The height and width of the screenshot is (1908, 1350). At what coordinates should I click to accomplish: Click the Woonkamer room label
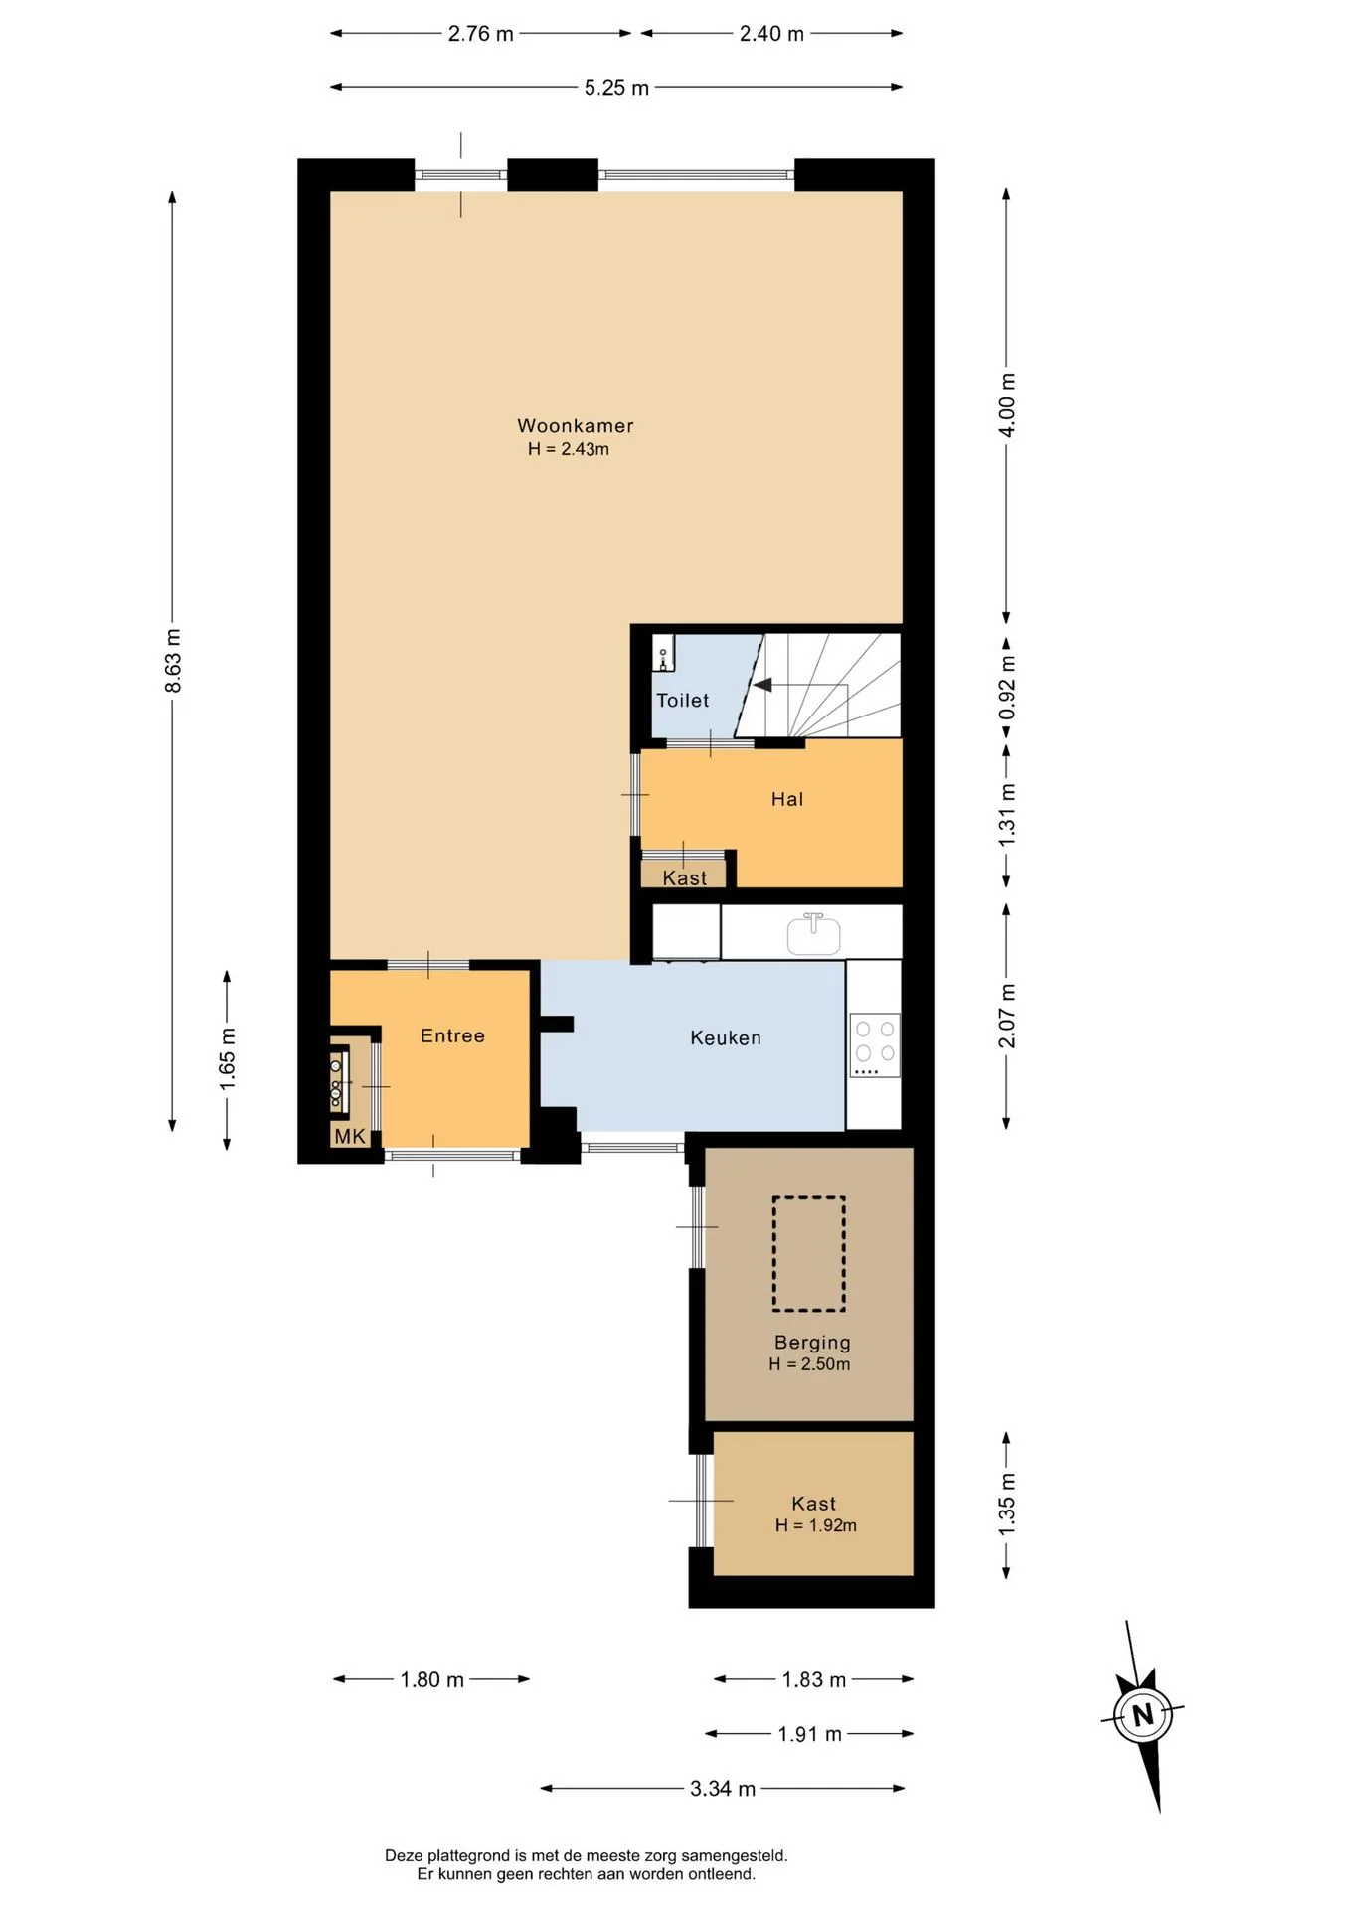[575, 425]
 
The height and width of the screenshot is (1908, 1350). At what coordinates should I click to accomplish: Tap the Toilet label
[683, 700]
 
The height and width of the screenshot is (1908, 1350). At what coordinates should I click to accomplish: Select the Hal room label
[787, 799]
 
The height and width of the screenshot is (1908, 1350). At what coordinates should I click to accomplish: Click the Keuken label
[726, 1037]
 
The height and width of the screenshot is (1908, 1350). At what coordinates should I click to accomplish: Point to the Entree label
[452, 1035]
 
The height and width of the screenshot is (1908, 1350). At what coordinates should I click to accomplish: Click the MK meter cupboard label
[350, 1136]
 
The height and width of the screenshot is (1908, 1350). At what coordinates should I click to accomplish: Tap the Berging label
[812, 1342]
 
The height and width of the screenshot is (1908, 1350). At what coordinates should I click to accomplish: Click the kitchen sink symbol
[813, 934]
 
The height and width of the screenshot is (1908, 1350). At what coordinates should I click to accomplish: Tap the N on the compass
[1143, 1714]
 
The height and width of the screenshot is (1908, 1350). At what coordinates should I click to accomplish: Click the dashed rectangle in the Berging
[809, 1254]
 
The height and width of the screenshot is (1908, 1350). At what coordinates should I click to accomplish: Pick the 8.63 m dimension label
[173, 661]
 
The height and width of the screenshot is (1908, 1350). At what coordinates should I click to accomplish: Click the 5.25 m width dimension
[616, 88]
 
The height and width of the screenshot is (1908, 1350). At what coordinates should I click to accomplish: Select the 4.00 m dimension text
[1007, 404]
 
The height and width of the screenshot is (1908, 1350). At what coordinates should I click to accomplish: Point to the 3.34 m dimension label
[723, 1789]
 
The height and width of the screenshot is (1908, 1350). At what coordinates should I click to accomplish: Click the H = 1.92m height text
[816, 1525]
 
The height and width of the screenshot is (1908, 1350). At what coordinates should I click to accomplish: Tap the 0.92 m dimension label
[1008, 688]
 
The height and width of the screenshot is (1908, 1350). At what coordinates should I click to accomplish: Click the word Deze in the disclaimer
[404, 1855]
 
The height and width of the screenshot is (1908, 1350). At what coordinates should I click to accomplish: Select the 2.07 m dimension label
[1007, 1016]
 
